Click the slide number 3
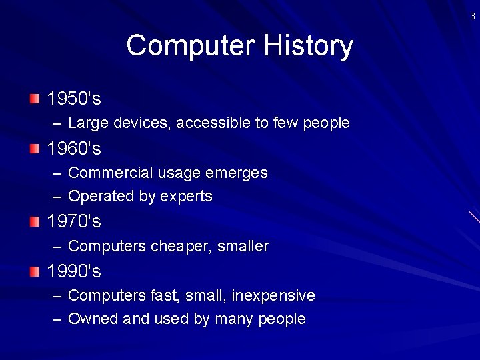coord(472,17)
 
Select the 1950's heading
coord(74,99)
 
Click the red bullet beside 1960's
coord(35,148)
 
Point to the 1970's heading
coord(74,221)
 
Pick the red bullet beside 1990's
coord(35,271)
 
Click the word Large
coord(89,123)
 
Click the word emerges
coord(237,173)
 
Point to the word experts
coord(186,197)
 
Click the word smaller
coord(243,247)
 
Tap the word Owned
coord(93,319)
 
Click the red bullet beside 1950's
coord(35,99)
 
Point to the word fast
coord(167,295)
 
